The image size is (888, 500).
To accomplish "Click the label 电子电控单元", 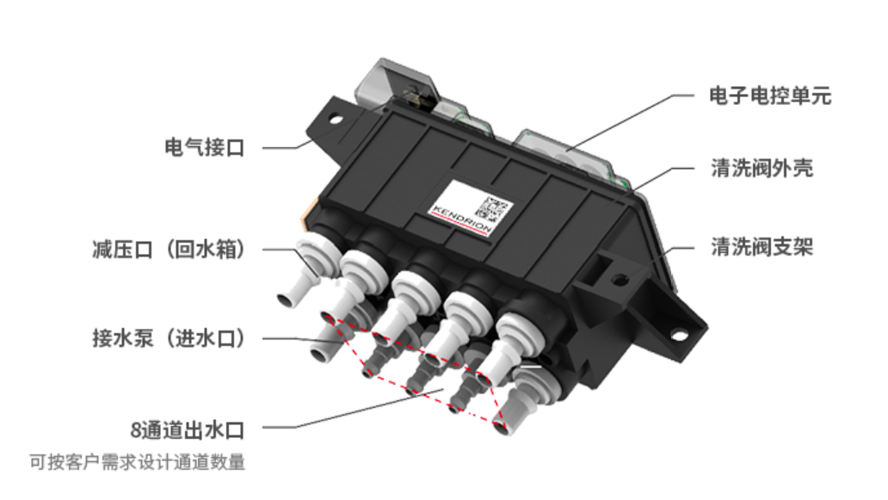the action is point(770,96).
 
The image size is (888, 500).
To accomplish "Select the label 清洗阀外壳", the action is point(762,168).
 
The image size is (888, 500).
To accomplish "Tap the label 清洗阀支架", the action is point(762,247).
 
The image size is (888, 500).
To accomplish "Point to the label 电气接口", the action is point(205,147).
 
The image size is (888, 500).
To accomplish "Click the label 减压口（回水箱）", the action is point(168,250).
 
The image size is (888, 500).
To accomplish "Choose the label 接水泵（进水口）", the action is point(168,338).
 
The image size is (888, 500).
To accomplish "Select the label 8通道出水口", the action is point(188,430).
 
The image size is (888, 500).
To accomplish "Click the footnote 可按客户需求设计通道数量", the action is point(138,462).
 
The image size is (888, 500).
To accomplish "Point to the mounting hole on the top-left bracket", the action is point(336,120).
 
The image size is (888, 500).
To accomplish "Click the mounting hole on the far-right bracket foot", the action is point(678,336).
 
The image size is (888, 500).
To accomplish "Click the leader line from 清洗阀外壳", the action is point(663,179).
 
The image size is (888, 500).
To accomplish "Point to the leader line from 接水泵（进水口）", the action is point(302,340).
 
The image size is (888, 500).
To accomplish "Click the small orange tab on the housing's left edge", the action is point(306,218).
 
